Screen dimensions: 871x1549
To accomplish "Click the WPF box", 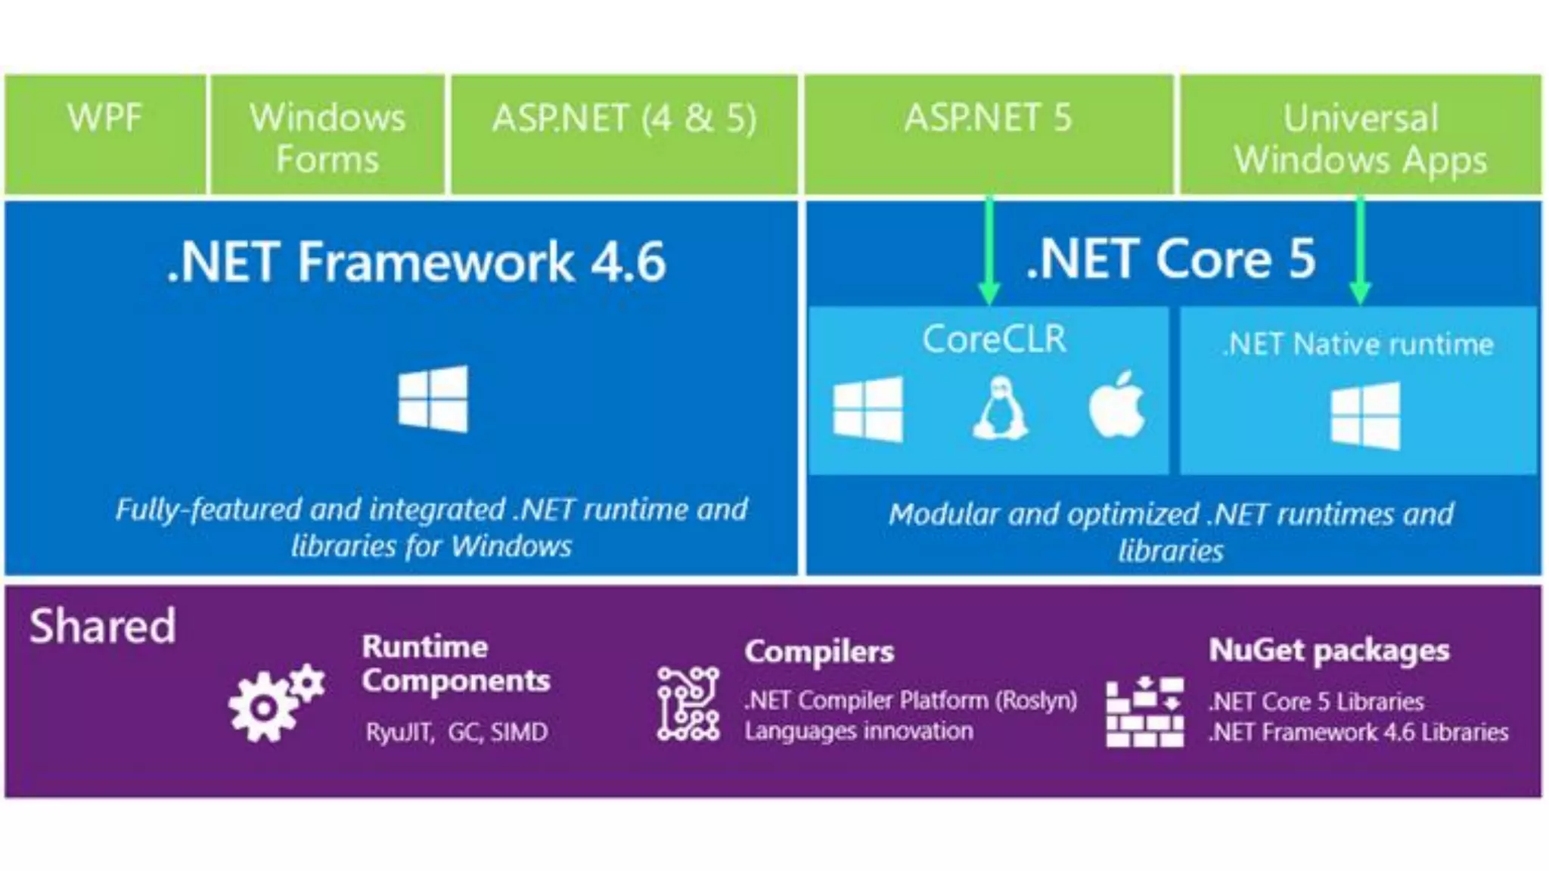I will pos(105,134).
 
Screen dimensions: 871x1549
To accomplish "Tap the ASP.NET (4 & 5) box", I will pos(624,134).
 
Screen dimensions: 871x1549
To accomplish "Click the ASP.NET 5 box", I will pos(989,134).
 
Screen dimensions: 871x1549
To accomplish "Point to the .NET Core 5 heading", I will pos(1171,259).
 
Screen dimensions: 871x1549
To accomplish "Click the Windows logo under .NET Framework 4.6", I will pos(433,398).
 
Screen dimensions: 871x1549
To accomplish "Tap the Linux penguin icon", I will pos(1000,408).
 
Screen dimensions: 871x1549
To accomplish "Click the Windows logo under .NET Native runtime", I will pos(1365,416).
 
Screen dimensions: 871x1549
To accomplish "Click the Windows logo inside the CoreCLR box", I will pos(868,408).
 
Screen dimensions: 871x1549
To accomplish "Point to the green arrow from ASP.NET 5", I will pos(989,250).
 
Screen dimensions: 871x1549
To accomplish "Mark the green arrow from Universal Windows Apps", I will pos(1360,250).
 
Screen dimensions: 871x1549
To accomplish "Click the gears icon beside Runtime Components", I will pos(275,702).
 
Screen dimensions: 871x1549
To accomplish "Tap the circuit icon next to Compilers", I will pos(688,703).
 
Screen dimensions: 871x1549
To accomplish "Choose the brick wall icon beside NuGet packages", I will pos(1144,711).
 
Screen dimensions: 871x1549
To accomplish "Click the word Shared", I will pos(103,626).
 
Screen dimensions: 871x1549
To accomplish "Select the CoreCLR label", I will pos(994,339).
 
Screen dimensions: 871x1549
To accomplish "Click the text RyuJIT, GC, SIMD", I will pos(457,732).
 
